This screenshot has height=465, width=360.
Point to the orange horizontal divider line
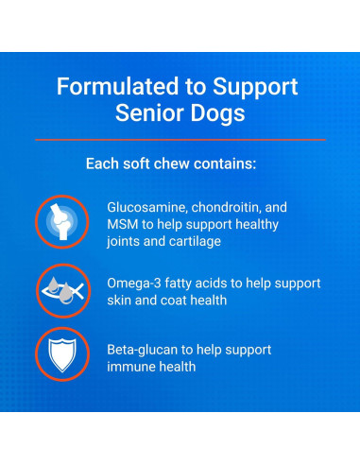click(180, 140)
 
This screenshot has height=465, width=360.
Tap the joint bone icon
click(62, 220)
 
